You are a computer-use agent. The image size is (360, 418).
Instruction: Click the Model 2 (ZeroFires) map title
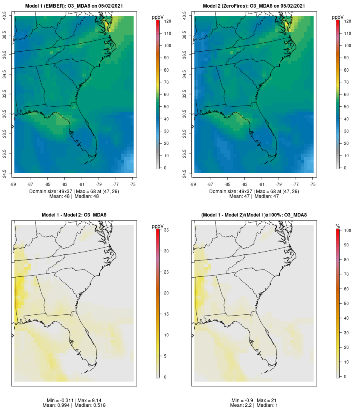click(x=254, y=6)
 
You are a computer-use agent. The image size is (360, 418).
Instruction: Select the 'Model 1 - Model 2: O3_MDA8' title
click(x=74, y=215)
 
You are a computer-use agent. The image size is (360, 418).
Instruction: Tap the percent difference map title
click(x=254, y=215)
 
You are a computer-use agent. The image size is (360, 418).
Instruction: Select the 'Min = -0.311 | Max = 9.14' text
click(x=74, y=400)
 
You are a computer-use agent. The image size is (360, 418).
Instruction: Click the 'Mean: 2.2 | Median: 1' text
click(x=254, y=406)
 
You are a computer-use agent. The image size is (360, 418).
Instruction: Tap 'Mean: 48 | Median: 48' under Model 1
click(x=74, y=196)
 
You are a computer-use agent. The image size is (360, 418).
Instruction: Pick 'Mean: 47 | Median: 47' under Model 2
click(x=254, y=196)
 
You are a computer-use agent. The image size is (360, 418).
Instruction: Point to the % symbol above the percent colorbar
click(x=338, y=226)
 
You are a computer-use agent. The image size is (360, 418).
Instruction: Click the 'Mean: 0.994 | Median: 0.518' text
click(x=74, y=406)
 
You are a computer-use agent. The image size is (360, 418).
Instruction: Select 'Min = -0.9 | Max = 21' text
click(x=254, y=400)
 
